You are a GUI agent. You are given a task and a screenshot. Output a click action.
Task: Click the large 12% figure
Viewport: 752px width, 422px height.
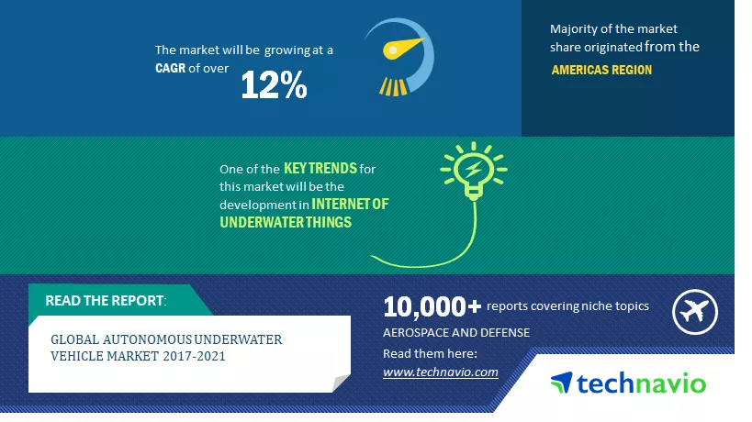coord(274,85)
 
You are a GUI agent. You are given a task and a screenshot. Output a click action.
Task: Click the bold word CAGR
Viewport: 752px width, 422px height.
coord(170,69)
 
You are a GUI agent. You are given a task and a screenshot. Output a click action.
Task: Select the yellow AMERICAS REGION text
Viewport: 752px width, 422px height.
coord(601,70)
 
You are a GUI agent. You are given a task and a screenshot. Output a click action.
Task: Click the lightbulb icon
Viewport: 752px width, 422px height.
coord(474,171)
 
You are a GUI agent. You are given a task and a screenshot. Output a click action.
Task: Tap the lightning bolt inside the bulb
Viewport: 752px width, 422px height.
coord(474,169)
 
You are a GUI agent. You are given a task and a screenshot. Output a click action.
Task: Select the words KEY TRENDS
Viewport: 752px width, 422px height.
coord(320,169)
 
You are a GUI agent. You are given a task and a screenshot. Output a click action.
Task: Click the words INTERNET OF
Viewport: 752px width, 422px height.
coord(350,204)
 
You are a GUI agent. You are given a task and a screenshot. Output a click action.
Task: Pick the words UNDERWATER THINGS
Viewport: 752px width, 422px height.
coord(286,222)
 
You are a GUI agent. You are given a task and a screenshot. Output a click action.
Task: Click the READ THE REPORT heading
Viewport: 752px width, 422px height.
coord(106,301)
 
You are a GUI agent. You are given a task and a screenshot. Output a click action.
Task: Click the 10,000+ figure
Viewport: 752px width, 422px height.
coord(432,307)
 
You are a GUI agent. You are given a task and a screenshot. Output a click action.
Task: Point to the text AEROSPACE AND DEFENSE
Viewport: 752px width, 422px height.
coord(456,333)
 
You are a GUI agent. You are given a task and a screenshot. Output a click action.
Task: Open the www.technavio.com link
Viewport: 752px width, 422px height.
coord(440,372)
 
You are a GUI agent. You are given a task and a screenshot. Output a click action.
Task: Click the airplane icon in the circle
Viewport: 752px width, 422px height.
coord(694,312)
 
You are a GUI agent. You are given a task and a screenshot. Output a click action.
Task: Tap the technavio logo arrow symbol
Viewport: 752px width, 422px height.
coord(562,383)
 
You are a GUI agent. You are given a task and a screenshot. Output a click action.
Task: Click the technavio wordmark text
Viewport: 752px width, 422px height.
coord(641,383)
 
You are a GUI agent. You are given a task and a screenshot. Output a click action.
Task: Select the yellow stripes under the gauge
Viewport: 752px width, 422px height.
coord(393,87)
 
